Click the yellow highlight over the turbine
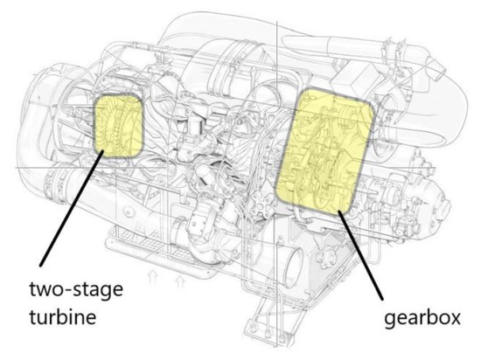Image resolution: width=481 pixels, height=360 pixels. [115, 125]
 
